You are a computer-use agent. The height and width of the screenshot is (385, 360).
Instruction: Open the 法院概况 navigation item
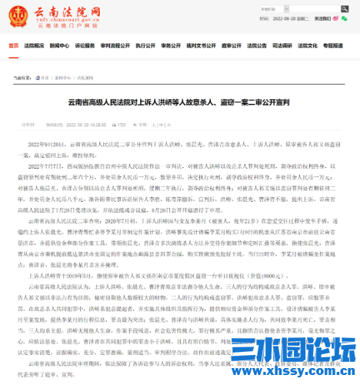[x=34, y=45]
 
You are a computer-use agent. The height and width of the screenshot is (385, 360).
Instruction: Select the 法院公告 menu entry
[x=259, y=45]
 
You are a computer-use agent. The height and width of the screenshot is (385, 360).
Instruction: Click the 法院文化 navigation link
[x=309, y=45]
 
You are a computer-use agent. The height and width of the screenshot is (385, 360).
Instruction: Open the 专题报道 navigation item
[x=335, y=45]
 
